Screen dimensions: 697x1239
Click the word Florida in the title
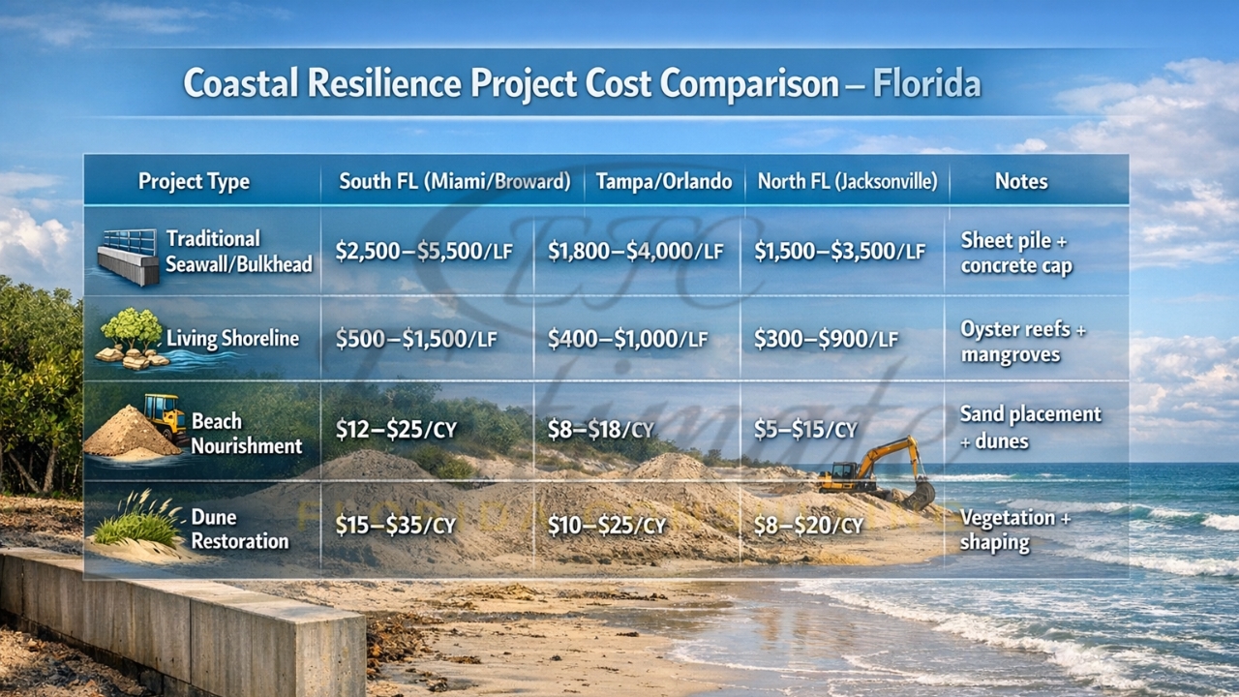[x=926, y=83]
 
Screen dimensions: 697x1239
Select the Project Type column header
[x=194, y=181]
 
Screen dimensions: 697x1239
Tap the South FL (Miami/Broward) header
[x=454, y=181]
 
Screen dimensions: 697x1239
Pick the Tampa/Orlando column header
[x=664, y=181]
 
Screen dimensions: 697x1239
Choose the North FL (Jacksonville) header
[x=847, y=181]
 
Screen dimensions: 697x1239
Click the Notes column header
[x=1020, y=181]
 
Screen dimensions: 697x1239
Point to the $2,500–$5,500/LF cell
[x=422, y=252]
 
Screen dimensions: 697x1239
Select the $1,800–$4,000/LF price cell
[x=635, y=252]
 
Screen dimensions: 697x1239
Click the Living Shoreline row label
[x=232, y=339]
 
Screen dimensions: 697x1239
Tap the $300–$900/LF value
[x=826, y=339]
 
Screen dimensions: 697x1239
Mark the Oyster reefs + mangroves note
[x=1022, y=342]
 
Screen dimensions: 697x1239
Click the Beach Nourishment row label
[x=246, y=434]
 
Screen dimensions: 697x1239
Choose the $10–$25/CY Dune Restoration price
[x=607, y=526]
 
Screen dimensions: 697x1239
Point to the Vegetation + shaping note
[x=1014, y=530]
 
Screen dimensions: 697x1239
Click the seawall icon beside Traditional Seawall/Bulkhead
[x=128, y=256]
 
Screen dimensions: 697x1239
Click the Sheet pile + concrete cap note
[x=1016, y=253]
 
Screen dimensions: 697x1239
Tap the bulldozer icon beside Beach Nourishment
[x=166, y=416]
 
